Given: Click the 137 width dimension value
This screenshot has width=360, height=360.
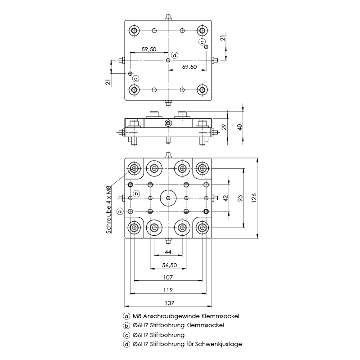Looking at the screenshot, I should [x=168, y=302].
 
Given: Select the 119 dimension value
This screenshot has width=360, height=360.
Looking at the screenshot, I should [x=168, y=290].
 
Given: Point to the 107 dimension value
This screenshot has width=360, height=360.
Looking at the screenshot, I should [x=168, y=277].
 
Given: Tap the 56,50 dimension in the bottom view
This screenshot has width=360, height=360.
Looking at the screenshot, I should [x=168, y=265].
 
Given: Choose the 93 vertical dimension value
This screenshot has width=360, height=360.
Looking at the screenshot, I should [x=240, y=198].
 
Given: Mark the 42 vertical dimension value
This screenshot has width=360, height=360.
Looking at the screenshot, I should [x=226, y=198].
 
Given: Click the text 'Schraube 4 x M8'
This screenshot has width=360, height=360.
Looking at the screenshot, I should [x=108, y=209].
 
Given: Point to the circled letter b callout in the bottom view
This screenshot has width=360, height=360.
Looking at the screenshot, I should [x=136, y=193].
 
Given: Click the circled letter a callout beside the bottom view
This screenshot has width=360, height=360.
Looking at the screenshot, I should [x=120, y=211].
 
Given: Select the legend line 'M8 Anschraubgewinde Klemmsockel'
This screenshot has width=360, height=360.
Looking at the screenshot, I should [x=185, y=316].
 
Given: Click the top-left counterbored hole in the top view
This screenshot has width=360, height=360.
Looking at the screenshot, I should [x=134, y=31].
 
